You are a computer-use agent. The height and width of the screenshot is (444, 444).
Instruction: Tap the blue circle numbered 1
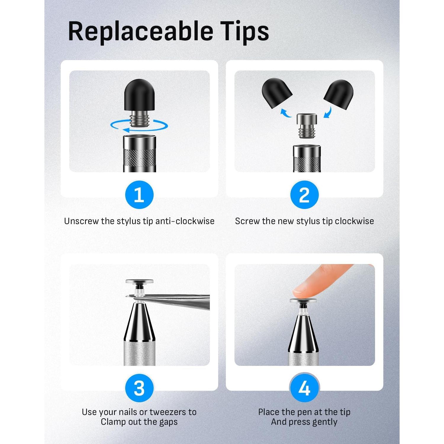point(139,195)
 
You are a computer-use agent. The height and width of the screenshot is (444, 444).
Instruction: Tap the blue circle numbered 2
point(304,195)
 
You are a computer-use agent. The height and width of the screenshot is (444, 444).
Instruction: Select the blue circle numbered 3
point(139,388)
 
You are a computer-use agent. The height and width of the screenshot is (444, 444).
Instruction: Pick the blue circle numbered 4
point(304,388)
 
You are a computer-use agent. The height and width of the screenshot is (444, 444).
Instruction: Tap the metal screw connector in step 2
point(307,126)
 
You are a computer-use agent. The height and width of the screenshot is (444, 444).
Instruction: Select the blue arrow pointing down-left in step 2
point(328,112)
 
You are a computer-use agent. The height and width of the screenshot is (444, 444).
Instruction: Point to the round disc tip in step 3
point(139,282)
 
